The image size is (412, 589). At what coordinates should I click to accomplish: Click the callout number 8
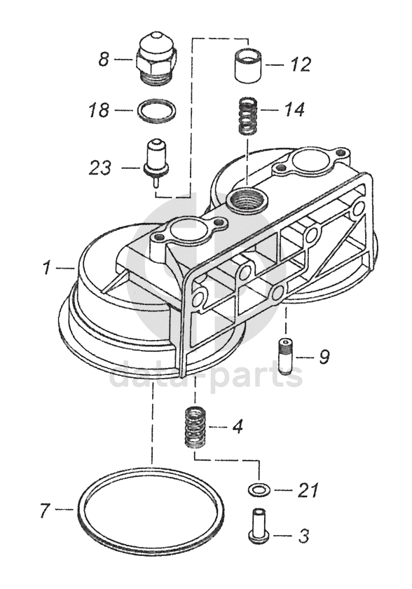click(x=104, y=60)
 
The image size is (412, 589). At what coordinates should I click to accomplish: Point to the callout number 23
click(x=100, y=168)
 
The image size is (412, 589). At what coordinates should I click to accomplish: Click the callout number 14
click(x=294, y=109)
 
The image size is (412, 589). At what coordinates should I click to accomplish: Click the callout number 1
click(x=46, y=268)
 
